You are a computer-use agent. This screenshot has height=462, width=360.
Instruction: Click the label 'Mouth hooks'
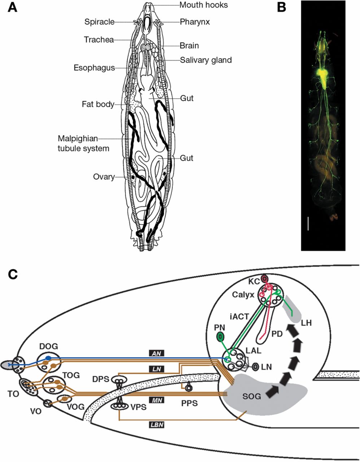(204, 5)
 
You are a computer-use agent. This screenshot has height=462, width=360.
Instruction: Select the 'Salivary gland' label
(206, 60)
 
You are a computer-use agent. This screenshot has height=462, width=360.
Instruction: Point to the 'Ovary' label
(104, 177)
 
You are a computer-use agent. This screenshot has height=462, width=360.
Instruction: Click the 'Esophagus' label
(94, 67)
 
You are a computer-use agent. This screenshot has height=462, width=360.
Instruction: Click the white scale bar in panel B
(308, 223)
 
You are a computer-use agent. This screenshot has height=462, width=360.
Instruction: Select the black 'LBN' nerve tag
(157, 425)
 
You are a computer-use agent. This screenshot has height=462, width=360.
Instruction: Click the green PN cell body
(220, 338)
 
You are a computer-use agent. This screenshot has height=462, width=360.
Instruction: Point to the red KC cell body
(265, 279)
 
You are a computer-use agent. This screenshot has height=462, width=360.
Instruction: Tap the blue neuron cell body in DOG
(48, 358)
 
